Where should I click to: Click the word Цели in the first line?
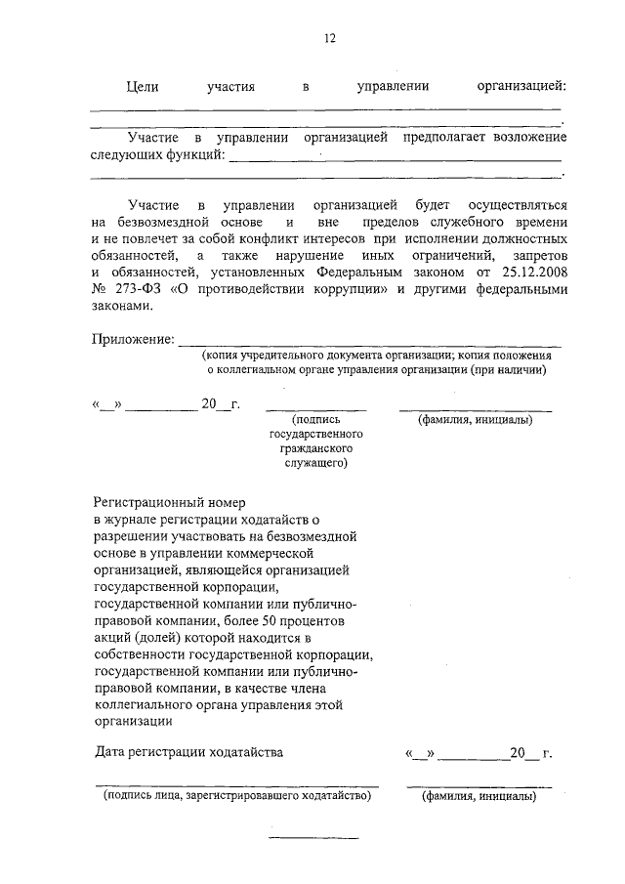click(143, 87)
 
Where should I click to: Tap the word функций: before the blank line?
click(195, 155)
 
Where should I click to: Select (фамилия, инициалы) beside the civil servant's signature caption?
click(475, 420)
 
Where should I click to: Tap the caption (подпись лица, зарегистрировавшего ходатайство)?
click(237, 797)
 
